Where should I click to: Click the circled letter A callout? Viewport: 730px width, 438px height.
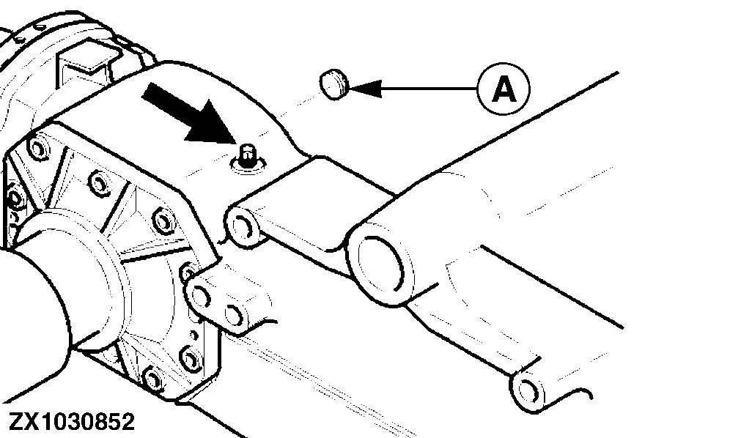pos(504,89)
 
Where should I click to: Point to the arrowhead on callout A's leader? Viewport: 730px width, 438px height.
pos(364,88)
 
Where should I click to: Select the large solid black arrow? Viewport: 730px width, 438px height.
pos(191,114)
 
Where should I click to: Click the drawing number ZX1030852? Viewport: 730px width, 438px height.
pos(72,422)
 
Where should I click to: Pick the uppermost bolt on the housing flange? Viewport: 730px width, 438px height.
pos(37,148)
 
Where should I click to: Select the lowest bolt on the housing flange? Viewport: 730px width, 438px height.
pos(152,378)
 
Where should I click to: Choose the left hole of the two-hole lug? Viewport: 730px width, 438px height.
pos(202,296)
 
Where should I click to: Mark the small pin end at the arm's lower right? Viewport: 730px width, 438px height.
pos(528,391)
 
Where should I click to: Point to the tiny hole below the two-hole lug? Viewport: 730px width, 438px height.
pos(194,335)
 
